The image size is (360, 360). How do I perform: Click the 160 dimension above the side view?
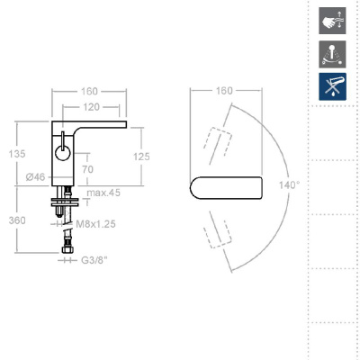[89, 91]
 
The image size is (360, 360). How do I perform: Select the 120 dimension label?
[91, 107]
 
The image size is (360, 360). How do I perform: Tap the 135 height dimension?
[17, 154]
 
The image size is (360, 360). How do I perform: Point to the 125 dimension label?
[141, 157]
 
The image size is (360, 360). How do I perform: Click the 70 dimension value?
[87, 169]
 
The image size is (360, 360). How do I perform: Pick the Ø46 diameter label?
[35, 177]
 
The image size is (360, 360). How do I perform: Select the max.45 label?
[103, 193]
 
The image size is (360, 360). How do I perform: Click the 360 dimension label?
[17, 220]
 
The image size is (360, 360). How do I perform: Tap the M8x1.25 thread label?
[95, 224]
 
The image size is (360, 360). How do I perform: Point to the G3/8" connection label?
[94, 260]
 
